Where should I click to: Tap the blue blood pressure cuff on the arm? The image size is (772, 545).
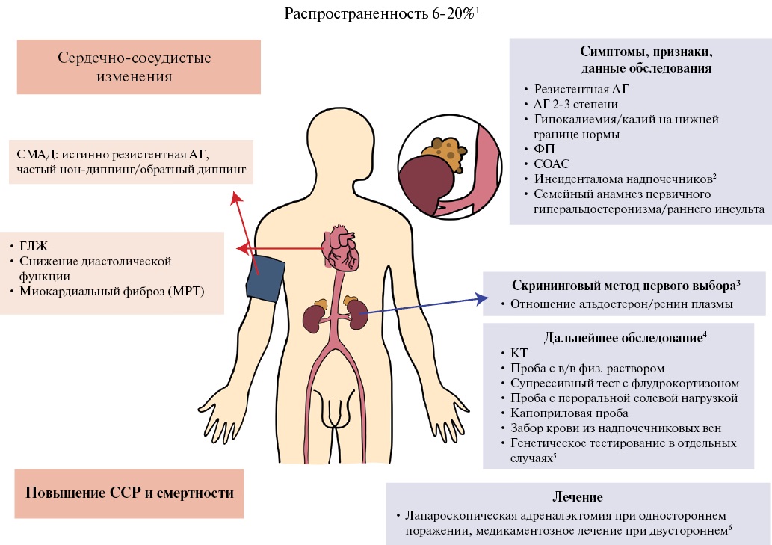(265, 278)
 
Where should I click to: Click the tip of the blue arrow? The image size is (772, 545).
(488, 298)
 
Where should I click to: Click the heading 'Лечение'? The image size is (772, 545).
(578, 496)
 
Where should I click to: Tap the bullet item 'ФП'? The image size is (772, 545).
(544, 149)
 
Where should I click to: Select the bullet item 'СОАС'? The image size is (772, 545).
(552, 164)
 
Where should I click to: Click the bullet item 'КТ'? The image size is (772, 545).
(519, 353)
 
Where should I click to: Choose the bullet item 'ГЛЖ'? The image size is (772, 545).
(34, 246)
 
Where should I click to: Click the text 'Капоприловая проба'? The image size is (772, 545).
(569, 413)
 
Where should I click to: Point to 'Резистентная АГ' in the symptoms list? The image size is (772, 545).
(581, 89)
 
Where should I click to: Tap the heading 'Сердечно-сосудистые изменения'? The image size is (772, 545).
(135, 67)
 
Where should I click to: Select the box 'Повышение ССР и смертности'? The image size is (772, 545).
(129, 493)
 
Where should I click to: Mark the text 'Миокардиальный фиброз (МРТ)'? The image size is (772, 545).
(112, 291)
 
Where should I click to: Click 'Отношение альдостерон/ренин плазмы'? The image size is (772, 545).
(621, 304)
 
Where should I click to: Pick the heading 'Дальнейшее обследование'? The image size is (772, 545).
(623, 338)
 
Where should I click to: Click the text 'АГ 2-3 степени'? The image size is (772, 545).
(575, 105)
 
